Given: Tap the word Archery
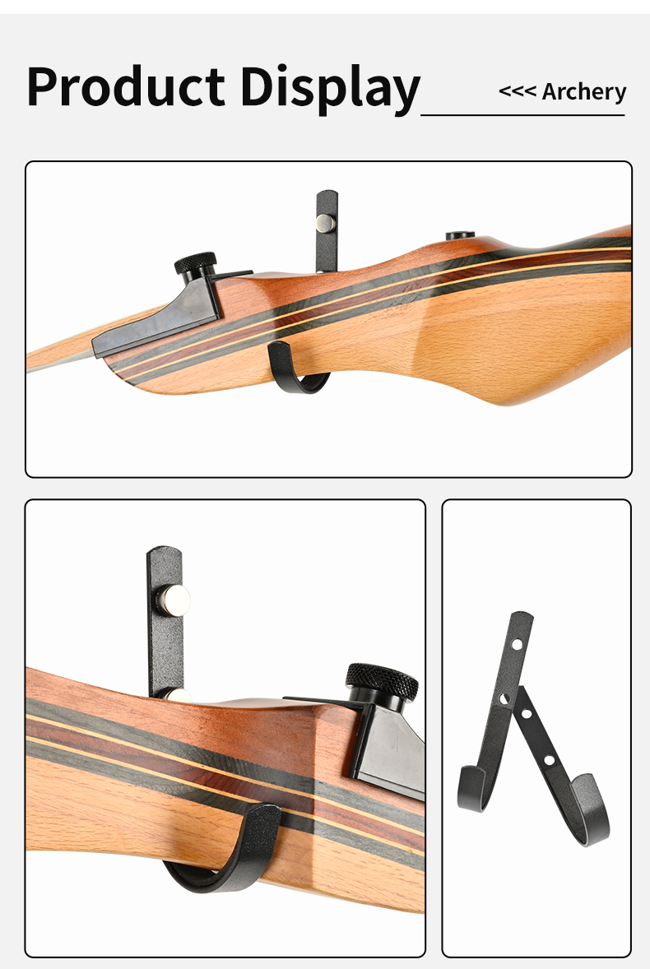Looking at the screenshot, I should [x=583, y=91].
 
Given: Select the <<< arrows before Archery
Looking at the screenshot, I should [x=517, y=91].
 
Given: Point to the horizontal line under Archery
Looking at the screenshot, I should [x=522, y=115].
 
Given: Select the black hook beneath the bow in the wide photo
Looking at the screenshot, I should [x=296, y=370].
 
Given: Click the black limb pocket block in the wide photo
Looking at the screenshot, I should [x=156, y=321].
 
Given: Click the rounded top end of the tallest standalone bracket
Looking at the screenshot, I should [x=522, y=617].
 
